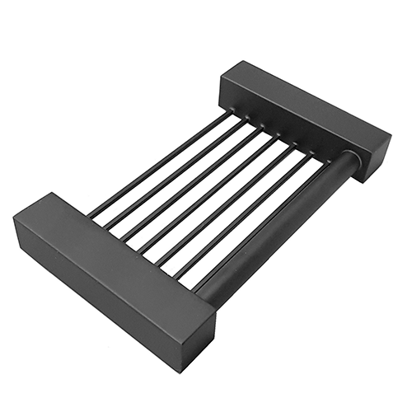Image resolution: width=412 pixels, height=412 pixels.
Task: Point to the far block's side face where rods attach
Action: tap(288, 132)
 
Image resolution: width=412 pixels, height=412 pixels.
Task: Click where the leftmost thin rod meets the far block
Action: tap(230, 115)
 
